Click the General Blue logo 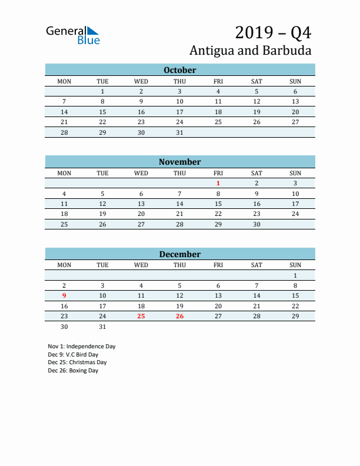tap(73, 35)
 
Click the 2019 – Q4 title tap(273, 32)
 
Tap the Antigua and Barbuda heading tap(251, 50)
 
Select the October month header tap(179, 70)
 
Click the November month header tap(179, 162)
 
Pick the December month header tap(179, 254)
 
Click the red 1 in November tap(218, 184)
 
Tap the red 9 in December tap(64, 295)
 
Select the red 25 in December tap(141, 317)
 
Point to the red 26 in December tap(179, 317)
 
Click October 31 tap(179, 132)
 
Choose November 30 tap(256, 224)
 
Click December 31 tap(102, 327)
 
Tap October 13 tap(295, 101)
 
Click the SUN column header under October tap(295, 81)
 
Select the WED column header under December tap(141, 265)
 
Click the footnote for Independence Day tap(82, 347)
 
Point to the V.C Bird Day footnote tap(74, 355)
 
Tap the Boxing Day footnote tap(74, 371)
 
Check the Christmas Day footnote tap(78, 362)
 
